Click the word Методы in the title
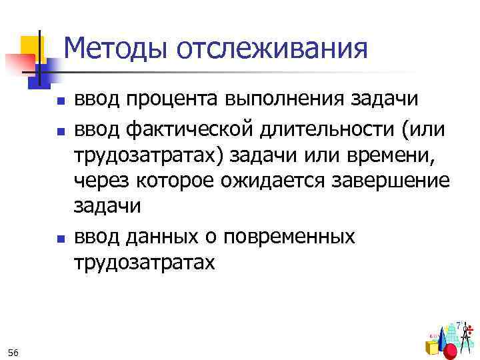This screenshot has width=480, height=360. coord(116,48)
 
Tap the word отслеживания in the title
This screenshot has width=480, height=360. coord(273,48)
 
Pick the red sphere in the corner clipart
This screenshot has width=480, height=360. coord(451,351)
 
